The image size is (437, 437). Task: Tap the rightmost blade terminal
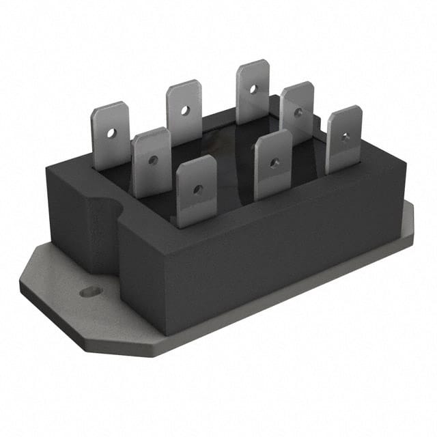pos(343,139)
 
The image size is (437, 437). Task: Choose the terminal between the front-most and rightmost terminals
pos(273,164)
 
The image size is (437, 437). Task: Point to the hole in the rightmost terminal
pos(346,137)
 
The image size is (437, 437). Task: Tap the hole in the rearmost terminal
pos(253,88)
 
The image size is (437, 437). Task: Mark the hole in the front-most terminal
pos(197,189)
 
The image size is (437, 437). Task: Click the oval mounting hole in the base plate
pos(91,292)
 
